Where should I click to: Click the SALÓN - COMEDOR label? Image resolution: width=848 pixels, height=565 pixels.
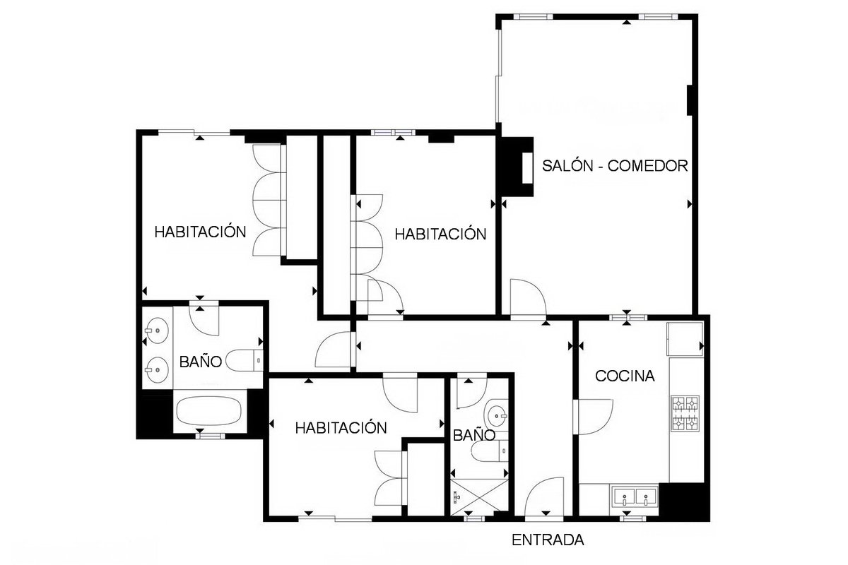point(615,166)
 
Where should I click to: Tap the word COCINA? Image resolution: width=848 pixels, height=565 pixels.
point(625,376)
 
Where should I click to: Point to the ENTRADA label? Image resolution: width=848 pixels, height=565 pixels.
point(548,540)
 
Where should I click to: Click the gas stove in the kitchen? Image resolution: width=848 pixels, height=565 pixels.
point(685,414)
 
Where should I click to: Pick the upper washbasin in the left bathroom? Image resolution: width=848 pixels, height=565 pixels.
point(156,331)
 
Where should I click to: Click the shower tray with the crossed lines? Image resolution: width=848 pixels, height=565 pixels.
point(479,497)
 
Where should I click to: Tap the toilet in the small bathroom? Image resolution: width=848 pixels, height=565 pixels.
point(490,451)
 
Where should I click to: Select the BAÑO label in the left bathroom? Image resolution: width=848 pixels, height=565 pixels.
point(200,362)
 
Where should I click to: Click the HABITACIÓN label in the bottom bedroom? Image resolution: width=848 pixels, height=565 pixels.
point(341,428)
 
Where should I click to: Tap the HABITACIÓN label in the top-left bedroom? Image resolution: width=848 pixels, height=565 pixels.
point(200,232)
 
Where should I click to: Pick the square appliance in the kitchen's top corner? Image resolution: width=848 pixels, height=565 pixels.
point(685,339)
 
